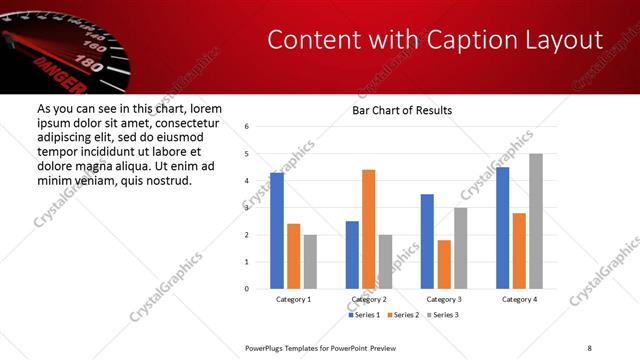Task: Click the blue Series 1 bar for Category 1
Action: pyautogui.click(x=277, y=231)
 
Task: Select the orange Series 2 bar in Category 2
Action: pyautogui.click(x=368, y=229)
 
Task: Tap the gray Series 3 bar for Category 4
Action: pyautogui.click(x=536, y=221)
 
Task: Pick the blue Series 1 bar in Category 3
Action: pyautogui.click(x=427, y=241)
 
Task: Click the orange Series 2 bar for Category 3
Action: pyautogui.click(x=444, y=264)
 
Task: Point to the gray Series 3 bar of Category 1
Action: pyautogui.click(x=310, y=262)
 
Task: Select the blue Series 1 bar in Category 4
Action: pyautogui.click(x=502, y=228)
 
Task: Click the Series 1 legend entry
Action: pyautogui.click(x=363, y=315)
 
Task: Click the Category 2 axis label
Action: pyautogui.click(x=369, y=299)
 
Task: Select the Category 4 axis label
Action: pyautogui.click(x=519, y=299)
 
